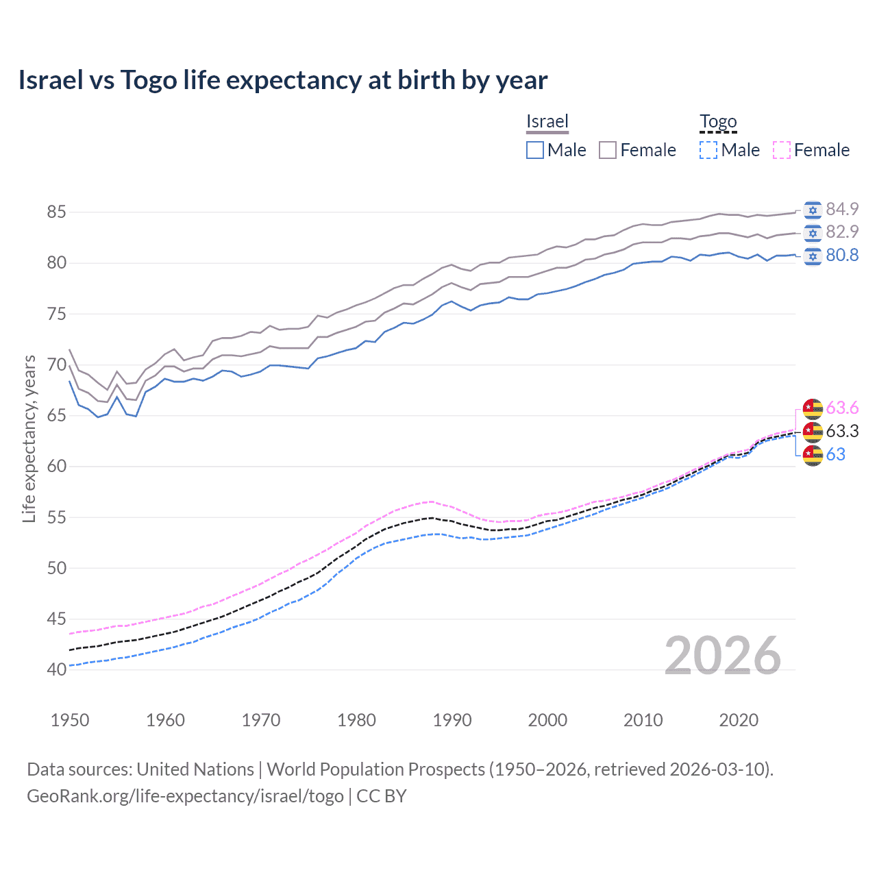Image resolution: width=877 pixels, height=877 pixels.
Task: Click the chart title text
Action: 282,80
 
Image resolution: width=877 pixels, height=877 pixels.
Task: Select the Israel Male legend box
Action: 535,150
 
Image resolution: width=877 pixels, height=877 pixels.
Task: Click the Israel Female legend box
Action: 608,150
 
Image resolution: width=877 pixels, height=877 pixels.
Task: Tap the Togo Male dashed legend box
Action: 708,150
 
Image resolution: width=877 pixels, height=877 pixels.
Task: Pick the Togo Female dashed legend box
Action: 782,150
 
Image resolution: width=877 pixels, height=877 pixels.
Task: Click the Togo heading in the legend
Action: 718,122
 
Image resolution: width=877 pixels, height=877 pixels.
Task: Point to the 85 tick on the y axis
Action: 56,212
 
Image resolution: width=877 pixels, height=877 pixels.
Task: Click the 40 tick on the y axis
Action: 56,669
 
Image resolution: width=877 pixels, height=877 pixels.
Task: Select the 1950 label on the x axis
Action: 70,720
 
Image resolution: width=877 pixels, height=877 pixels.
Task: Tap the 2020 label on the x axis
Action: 739,720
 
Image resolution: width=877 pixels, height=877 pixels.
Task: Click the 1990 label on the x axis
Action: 452,720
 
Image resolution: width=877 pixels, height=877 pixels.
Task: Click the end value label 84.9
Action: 842,209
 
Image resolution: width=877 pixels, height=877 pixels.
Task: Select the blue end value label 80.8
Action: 842,256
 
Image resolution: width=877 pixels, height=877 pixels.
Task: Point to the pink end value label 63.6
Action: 842,408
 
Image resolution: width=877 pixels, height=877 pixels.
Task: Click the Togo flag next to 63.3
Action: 813,432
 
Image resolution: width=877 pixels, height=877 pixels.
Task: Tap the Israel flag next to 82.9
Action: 813,232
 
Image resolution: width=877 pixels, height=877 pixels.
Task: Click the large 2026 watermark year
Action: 723,656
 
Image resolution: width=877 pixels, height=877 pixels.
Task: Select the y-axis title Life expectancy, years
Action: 29,438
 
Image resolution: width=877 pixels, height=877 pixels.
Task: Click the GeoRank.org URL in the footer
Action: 185,796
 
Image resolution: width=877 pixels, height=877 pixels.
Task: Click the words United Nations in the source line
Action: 195,769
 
